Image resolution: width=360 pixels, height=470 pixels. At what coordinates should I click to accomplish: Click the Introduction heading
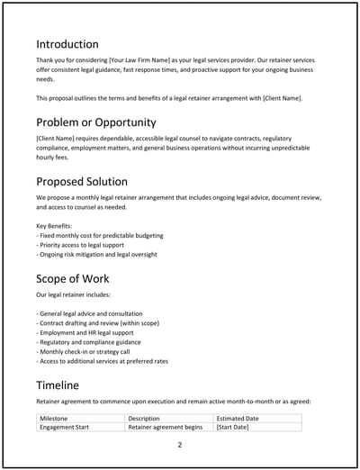(x=67, y=43)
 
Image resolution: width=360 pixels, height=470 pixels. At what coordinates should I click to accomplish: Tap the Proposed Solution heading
(x=82, y=181)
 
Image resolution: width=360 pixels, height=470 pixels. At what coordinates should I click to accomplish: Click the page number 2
(x=180, y=445)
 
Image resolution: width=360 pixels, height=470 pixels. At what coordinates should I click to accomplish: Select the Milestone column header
(x=56, y=419)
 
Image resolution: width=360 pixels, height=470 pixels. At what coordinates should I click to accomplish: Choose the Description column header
(x=144, y=419)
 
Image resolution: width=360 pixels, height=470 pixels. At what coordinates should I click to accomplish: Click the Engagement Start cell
(x=67, y=428)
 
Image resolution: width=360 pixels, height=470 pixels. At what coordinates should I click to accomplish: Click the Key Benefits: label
(x=56, y=225)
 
